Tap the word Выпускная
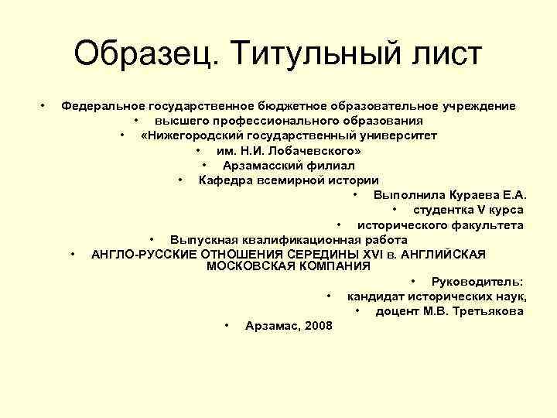click(x=203, y=240)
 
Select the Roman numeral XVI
click(x=376, y=254)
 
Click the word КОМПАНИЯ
click(x=332, y=266)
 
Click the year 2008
click(x=319, y=326)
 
